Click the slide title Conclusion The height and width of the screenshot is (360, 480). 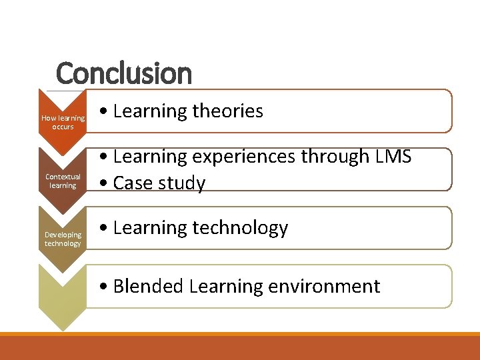123,73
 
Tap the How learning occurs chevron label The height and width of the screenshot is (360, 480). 63,122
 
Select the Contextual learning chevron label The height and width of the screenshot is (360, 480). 63,181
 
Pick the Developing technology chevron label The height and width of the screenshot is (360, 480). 63,239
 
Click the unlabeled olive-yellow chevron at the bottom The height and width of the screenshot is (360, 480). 63,293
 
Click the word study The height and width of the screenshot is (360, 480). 182,183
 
